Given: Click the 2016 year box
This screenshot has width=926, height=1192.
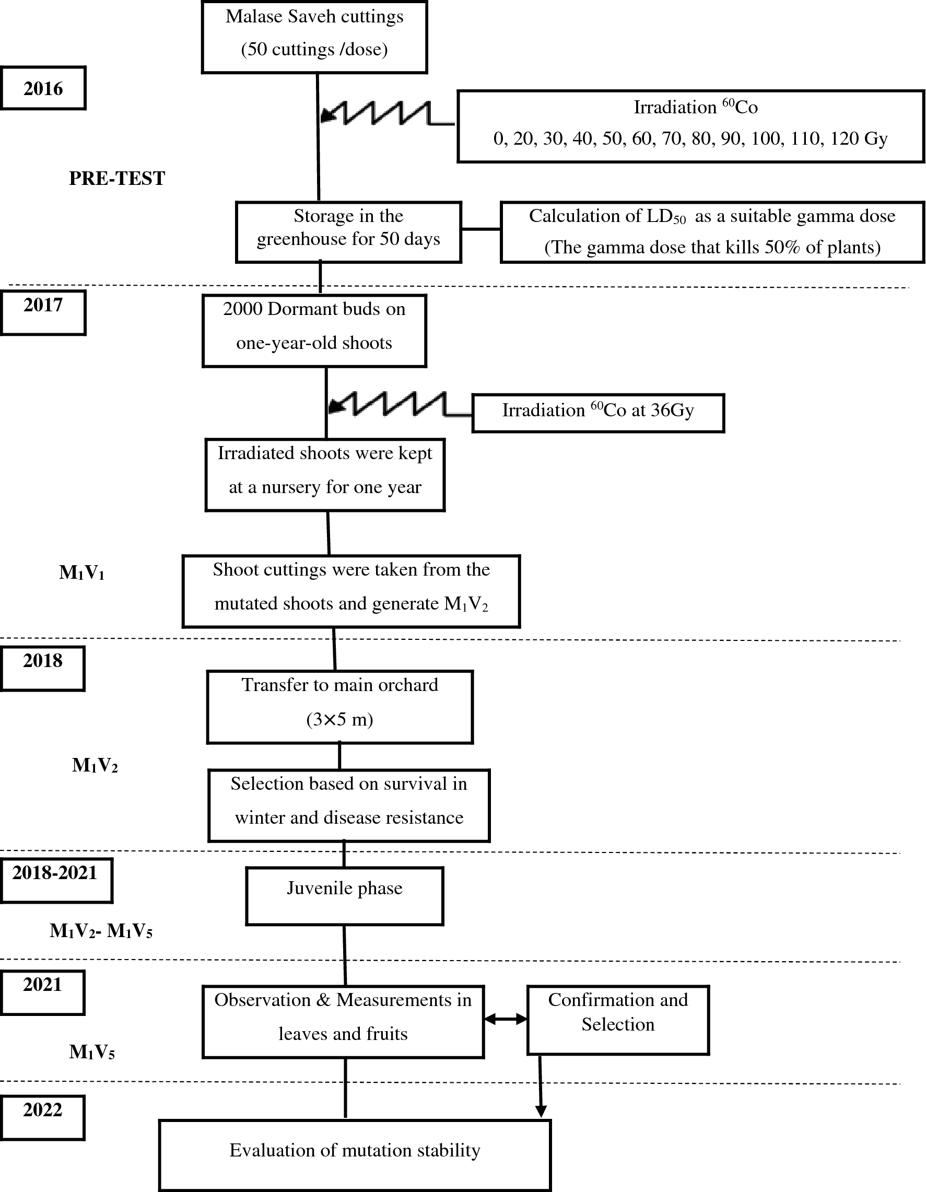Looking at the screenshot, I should (43, 88).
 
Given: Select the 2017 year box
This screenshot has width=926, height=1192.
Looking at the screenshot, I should (43, 312).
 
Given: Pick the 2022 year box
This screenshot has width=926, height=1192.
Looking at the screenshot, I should (42, 1117).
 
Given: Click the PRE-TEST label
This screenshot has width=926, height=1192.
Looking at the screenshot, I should (117, 179).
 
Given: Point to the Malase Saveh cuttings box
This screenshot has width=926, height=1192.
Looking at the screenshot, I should (314, 37).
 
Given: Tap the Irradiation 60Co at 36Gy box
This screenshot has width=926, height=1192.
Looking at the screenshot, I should (598, 413).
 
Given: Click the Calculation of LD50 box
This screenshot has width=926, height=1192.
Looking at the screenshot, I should (712, 232).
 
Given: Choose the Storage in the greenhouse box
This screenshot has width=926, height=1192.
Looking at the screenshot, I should (349, 232).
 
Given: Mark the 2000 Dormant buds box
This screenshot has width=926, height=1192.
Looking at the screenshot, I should (314, 331).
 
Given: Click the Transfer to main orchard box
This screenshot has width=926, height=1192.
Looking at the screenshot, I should (339, 707).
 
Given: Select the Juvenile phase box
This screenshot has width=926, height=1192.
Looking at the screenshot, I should (344, 896).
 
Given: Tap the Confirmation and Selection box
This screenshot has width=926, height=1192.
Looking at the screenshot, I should (618, 1020).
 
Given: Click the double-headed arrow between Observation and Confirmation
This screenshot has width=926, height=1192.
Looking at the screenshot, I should (505, 1019).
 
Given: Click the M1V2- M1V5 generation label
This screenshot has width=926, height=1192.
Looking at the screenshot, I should (101, 931).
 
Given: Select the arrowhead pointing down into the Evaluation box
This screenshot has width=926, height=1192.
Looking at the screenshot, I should (541, 1111).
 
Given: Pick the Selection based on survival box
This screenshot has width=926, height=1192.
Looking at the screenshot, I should (349, 805).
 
